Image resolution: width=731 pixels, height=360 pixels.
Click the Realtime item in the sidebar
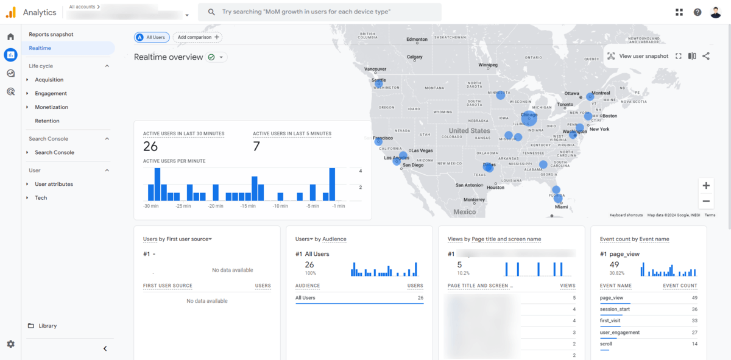pyautogui.click(x=40, y=48)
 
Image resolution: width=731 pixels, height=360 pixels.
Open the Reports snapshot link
pyautogui.click(x=51, y=35)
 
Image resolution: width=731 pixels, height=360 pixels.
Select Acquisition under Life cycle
pyautogui.click(x=49, y=80)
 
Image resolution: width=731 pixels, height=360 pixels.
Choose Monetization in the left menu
pyautogui.click(x=52, y=107)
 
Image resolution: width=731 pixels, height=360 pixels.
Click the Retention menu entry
pyautogui.click(x=48, y=121)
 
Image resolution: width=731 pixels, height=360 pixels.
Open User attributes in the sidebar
pyautogui.click(x=54, y=184)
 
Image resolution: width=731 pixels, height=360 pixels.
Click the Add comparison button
pyautogui.click(x=197, y=37)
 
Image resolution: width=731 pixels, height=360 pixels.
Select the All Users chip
pyautogui.click(x=152, y=37)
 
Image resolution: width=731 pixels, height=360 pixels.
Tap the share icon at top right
pyautogui.click(x=706, y=56)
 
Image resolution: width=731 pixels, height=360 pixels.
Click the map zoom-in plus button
pyautogui.click(x=706, y=186)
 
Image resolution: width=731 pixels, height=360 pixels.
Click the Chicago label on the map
pyautogui.click(x=529, y=115)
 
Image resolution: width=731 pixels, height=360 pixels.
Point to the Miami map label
pyautogui.click(x=561, y=207)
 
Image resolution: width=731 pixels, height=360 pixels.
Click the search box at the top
pyautogui.click(x=320, y=12)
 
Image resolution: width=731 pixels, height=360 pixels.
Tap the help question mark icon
pyautogui.click(x=697, y=12)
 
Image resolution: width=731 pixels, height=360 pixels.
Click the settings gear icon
pyautogui.click(x=10, y=344)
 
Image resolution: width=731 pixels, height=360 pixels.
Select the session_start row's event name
pyautogui.click(x=615, y=309)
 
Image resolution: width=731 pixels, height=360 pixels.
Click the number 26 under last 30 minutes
pyautogui.click(x=150, y=146)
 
